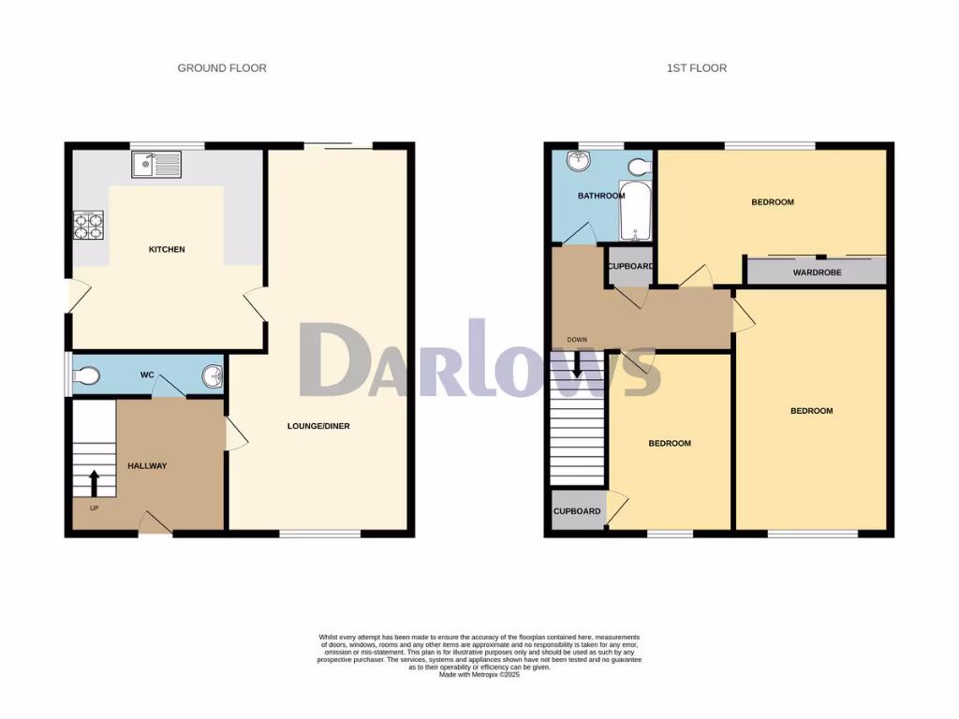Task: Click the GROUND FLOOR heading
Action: point(222,68)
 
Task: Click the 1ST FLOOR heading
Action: point(696,68)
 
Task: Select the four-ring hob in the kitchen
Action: point(89,225)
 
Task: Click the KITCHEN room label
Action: point(167,250)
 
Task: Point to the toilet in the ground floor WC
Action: point(85,376)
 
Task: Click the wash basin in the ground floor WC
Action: point(213,376)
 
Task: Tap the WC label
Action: point(147,375)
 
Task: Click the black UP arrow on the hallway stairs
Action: point(94,483)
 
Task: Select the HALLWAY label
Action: point(147,465)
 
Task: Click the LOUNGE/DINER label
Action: point(317,426)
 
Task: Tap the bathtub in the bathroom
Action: point(635,213)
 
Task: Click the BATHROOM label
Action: point(600,196)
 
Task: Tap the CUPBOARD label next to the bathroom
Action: point(630,267)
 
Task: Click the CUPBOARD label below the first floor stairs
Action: point(577,511)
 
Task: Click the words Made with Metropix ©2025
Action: point(479,675)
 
